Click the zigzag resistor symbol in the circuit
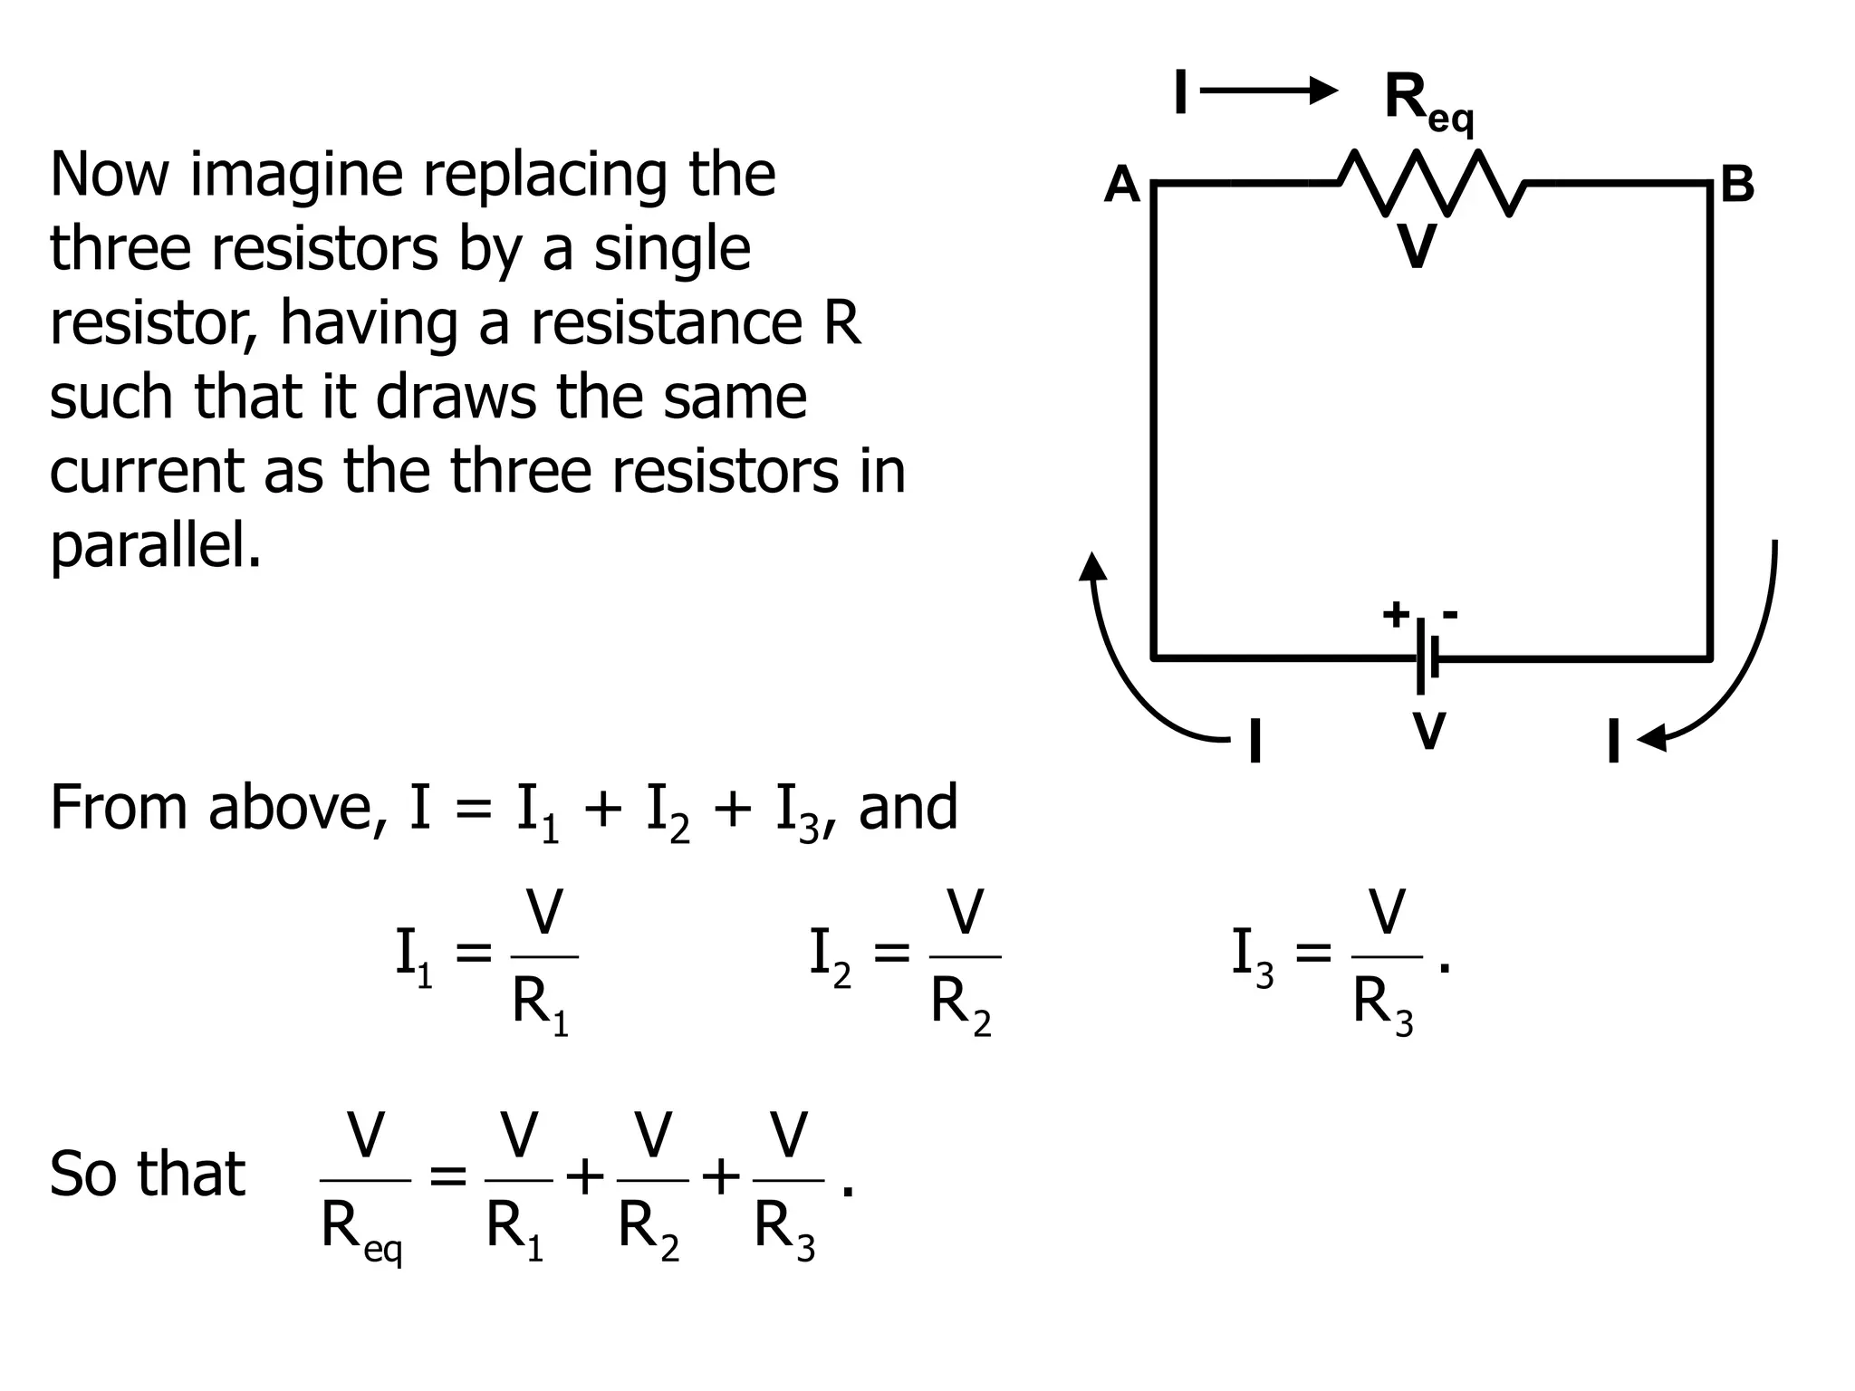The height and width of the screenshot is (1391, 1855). pos(1432,184)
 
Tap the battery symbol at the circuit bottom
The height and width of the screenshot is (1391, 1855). pos(1427,658)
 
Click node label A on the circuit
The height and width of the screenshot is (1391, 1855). pos(1121,186)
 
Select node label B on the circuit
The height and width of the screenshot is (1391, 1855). pos(1736,185)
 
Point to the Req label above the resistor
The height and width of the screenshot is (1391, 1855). pos(1427,102)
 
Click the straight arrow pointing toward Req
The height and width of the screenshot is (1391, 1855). pos(1268,90)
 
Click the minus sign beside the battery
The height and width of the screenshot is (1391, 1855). pos(1450,615)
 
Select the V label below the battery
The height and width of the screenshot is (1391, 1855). pos(1428,731)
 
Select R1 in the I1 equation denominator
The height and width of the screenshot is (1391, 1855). pos(540,1006)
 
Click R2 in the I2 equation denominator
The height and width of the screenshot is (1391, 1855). pos(960,1006)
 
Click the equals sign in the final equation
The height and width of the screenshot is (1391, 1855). pos(447,1179)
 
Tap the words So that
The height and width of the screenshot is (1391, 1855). pos(147,1175)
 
